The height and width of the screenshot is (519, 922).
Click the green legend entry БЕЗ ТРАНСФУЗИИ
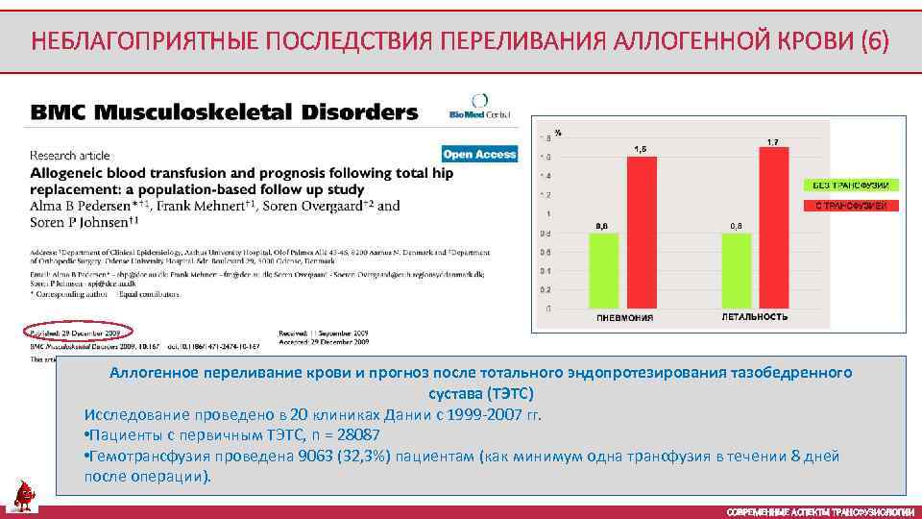pyautogui.click(x=851, y=185)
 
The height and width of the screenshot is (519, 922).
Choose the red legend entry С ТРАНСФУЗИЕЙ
pyautogui.click(x=851, y=206)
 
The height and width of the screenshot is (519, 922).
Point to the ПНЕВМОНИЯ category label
pyautogui.click(x=624, y=317)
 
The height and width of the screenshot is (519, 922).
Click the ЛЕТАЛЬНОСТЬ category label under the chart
pyautogui.click(x=754, y=316)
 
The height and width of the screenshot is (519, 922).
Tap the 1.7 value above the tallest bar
pyautogui.click(x=772, y=141)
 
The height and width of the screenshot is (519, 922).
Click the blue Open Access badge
pyautogui.click(x=479, y=154)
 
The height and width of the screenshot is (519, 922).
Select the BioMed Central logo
pyautogui.click(x=480, y=107)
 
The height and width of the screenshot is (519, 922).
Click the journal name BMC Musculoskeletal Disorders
pyautogui.click(x=225, y=112)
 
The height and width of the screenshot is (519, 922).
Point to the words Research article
pyautogui.click(x=70, y=155)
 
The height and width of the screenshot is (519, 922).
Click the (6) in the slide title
pyautogui.click(x=875, y=41)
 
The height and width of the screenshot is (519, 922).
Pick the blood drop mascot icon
pyautogui.click(x=24, y=496)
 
